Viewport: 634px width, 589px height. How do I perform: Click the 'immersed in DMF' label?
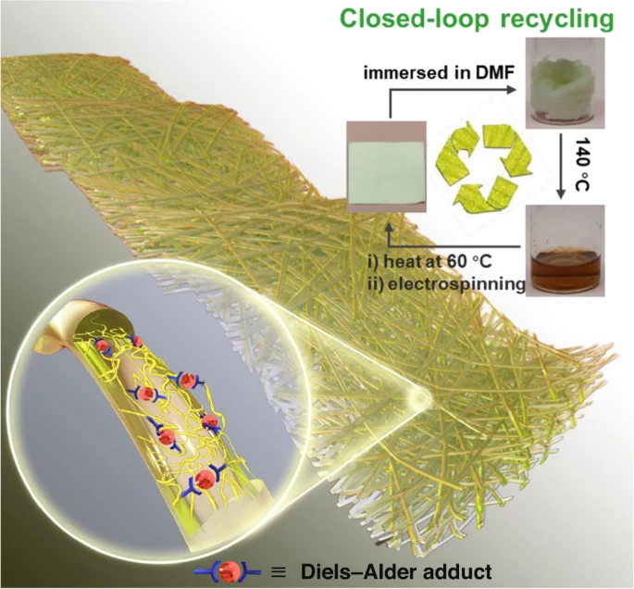tap(439, 73)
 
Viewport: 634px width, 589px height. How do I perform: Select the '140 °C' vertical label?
tap(583, 163)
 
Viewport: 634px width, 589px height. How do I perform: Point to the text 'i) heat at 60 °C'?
tap(429, 262)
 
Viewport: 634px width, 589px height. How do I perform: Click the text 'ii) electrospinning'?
tap(446, 284)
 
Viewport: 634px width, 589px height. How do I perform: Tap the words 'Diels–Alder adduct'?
tap(396, 572)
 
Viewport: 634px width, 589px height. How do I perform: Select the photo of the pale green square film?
tap(387, 167)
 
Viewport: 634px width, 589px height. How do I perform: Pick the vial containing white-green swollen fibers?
tap(565, 83)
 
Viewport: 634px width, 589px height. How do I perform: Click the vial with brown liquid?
tap(565, 250)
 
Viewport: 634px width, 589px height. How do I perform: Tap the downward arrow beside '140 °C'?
tap(560, 167)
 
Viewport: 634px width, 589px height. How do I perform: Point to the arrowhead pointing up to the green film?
tap(389, 227)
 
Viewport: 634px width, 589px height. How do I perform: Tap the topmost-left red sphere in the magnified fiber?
tap(103, 346)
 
